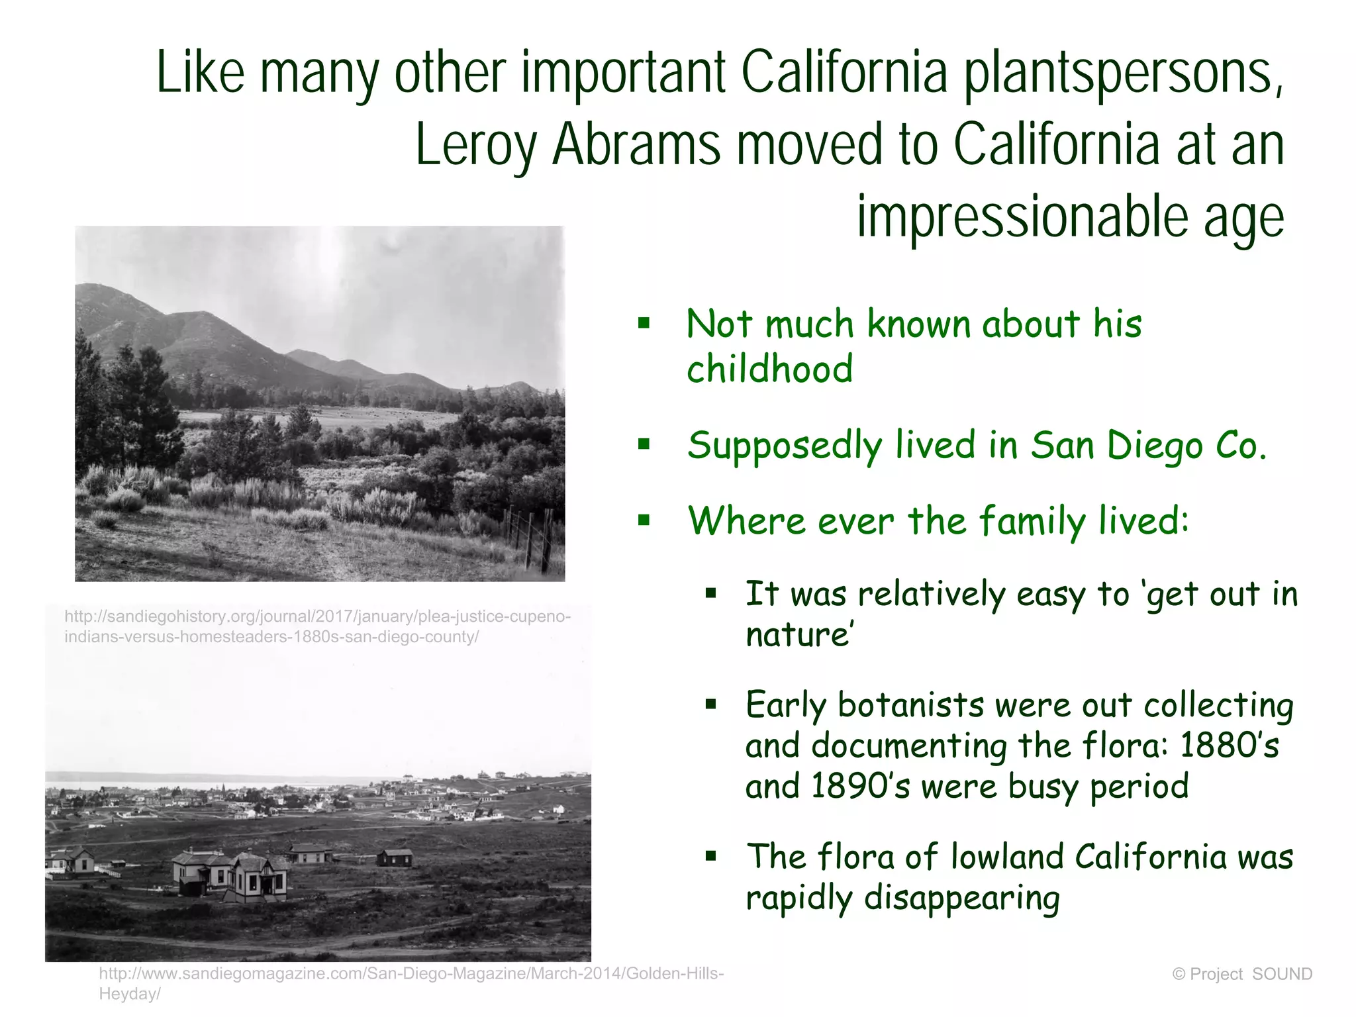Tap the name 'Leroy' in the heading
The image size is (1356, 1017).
475,146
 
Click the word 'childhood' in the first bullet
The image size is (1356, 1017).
769,369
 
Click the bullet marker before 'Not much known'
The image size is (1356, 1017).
644,324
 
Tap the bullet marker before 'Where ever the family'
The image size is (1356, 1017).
644,520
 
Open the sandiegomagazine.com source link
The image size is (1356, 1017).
411,983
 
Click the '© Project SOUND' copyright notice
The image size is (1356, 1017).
1241,974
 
